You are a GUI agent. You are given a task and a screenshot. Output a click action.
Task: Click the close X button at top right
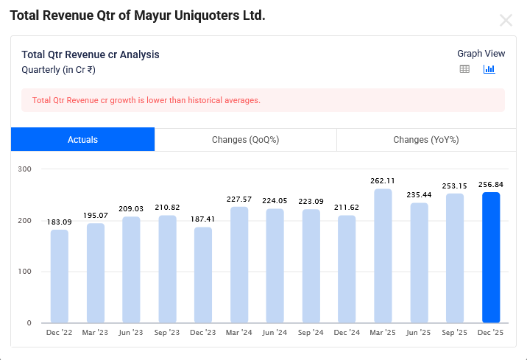[506, 20]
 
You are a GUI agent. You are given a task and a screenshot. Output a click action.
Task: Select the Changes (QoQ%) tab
[245, 139]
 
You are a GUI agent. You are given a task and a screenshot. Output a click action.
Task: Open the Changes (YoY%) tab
[425, 139]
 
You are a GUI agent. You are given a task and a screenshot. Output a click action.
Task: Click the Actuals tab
[82, 139]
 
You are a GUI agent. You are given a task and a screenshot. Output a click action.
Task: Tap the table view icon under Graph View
[464, 69]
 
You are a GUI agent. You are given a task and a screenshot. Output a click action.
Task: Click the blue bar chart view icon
[489, 69]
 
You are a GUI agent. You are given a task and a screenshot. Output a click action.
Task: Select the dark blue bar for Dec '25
[491, 258]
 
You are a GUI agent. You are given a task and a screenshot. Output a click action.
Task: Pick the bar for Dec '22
[60, 276]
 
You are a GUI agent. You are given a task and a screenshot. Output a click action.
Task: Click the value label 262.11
[383, 180]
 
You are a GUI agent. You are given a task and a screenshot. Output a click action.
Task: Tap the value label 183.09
[60, 222]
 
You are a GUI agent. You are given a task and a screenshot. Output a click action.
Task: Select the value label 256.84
[491, 184]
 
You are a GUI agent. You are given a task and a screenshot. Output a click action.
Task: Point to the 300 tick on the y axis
[25, 169]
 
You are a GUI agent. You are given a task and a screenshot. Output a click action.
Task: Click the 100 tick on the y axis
[25, 272]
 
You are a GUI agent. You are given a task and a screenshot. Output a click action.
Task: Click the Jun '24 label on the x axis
[275, 333]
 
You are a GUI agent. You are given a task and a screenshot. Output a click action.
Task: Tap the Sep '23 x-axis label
[167, 333]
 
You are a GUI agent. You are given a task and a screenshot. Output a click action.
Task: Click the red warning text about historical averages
[146, 100]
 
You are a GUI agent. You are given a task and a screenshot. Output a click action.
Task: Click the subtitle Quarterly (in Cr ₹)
[58, 70]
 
